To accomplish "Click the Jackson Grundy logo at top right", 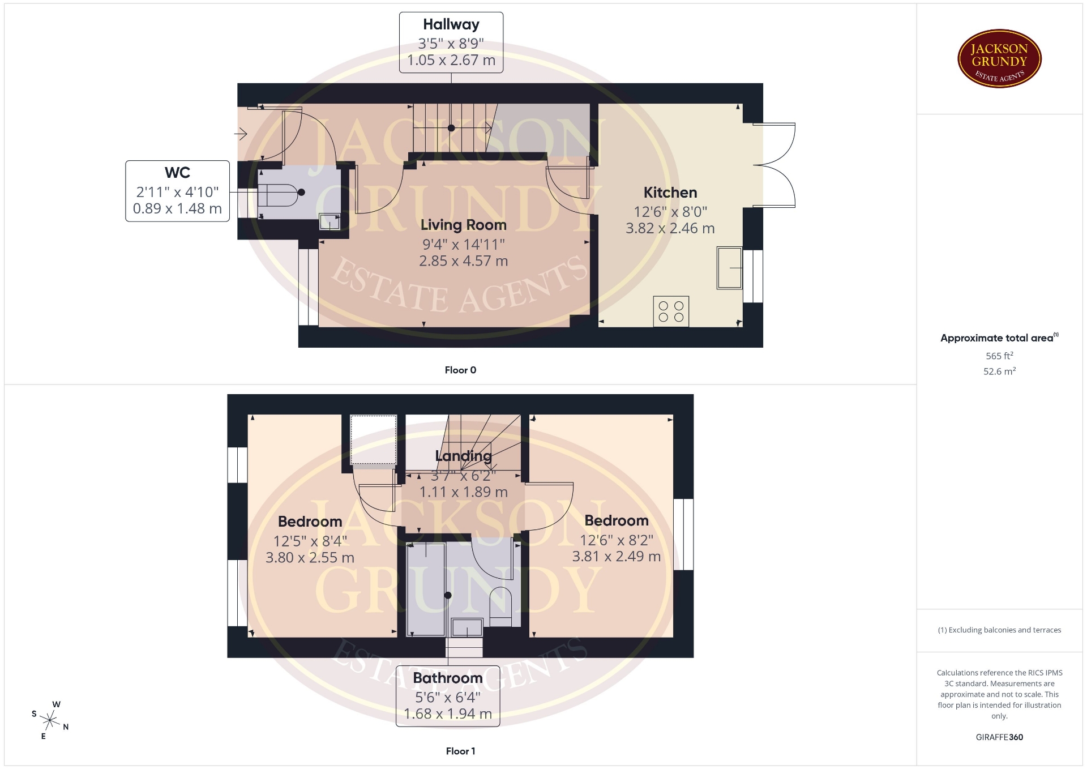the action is pyautogui.click(x=999, y=59).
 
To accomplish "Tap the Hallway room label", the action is pyautogui.click(x=451, y=24).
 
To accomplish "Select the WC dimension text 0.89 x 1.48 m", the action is pyautogui.click(x=177, y=208).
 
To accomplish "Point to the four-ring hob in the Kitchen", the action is pyautogui.click(x=671, y=311).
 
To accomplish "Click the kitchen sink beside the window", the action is pyautogui.click(x=730, y=267).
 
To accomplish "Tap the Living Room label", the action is pyautogui.click(x=464, y=225).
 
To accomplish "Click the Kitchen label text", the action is pyautogui.click(x=670, y=193).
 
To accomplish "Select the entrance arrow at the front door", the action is pyautogui.click(x=241, y=134).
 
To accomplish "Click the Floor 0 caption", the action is pyautogui.click(x=460, y=370).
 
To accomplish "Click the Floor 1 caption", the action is pyautogui.click(x=460, y=751).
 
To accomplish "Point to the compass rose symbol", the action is pyautogui.click(x=50, y=720).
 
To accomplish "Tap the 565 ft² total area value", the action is pyautogui.click(x=999, y=356).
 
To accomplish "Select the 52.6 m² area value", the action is pyautogui.click(x=999, y=371).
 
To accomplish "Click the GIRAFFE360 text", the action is pyautogui.click(x=999, y=737).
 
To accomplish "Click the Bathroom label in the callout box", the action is pyautogui.click(x=448, y=678).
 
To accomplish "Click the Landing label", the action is pyautogui.click(x=464, y=456).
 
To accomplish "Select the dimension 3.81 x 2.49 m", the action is pyautogui.click(x=617, y=557).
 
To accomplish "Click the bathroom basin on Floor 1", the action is pyautogui.click(x=467, y=627).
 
